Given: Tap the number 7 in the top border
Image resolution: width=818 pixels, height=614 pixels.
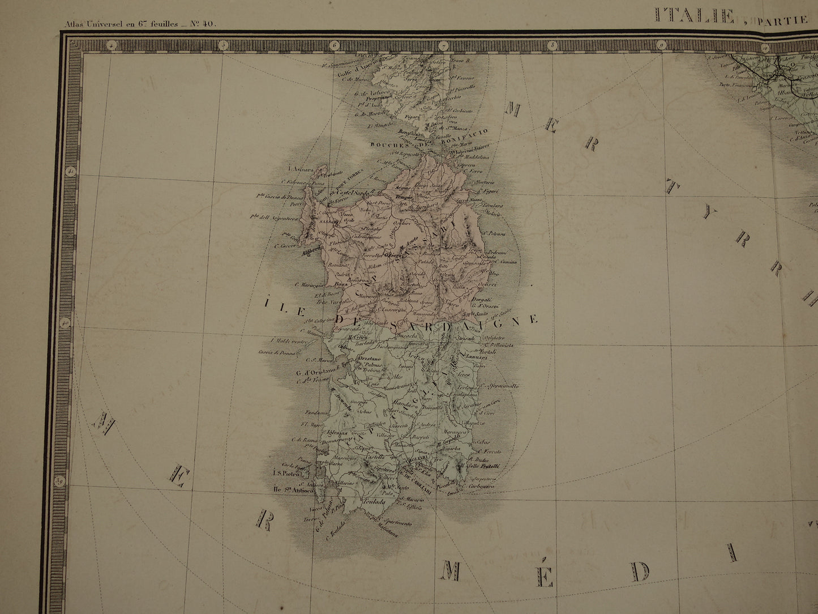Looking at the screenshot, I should [x=443, y=45].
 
